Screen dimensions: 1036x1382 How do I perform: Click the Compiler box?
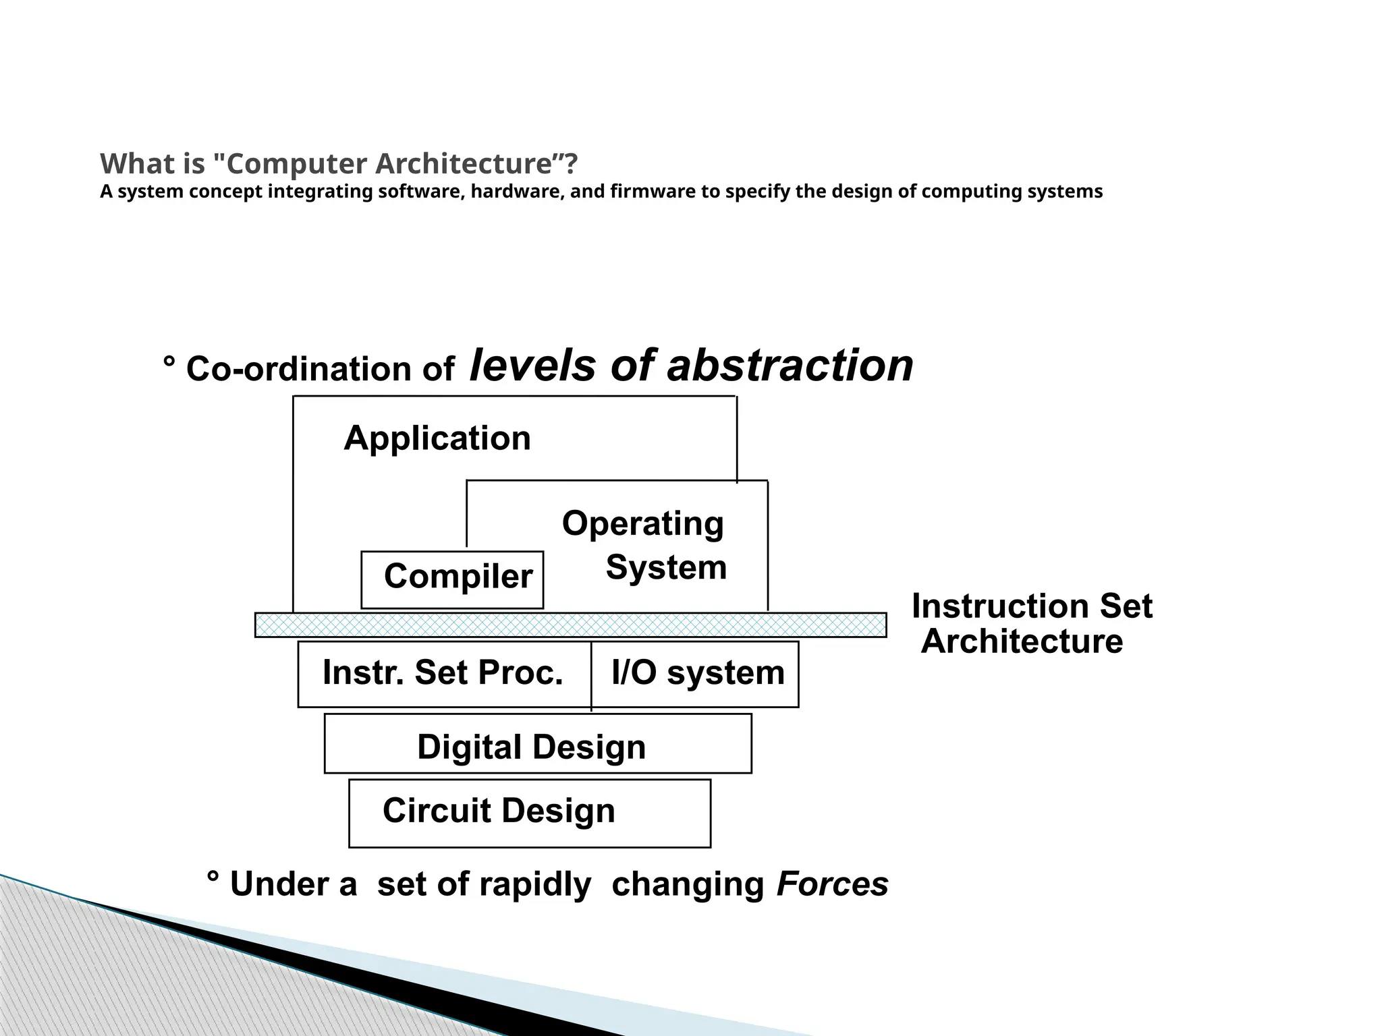pyautogui.click(x=452, y=579)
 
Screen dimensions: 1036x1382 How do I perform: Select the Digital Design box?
pyautogui.click(x=538, y=743)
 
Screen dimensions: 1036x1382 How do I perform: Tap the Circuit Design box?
pyautogui.click(x=530, y=813)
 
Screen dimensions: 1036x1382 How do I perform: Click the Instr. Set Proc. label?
pyautogui.click(x=443, y=672)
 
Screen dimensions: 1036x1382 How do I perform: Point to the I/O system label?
pyautogui.click(x=698, y=672)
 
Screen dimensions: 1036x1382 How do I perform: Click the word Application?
pyautogui.click(x=437, y=438)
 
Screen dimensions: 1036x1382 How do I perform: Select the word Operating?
pyautogui.click(x=642, y=523)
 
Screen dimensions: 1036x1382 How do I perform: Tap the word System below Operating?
pyautogui.click(x=666, y=567)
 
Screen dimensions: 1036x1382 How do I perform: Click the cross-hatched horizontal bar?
pyautogui.click(x=570, y=625)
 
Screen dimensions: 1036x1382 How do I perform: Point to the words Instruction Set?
pyautogui.click(x=1032, y=606)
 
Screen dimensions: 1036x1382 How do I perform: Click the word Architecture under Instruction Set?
pyautogui.click(x=1022, y=641)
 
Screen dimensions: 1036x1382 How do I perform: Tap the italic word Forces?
pyautogui.click(x=832, y=884)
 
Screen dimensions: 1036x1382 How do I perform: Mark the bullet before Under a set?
pyautogui.click(x=213, y=877)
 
